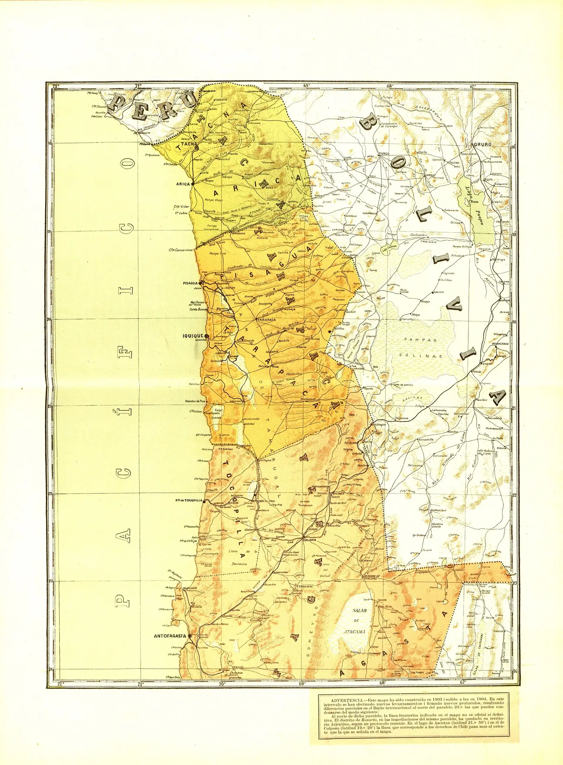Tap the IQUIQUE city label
tap(193, 336)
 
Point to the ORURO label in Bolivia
tap(481, 144)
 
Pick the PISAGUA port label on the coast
tap(191, 282)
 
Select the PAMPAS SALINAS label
tap(421, 347)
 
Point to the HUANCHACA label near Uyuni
tap(500, 344)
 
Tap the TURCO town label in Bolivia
tap(384, 154)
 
